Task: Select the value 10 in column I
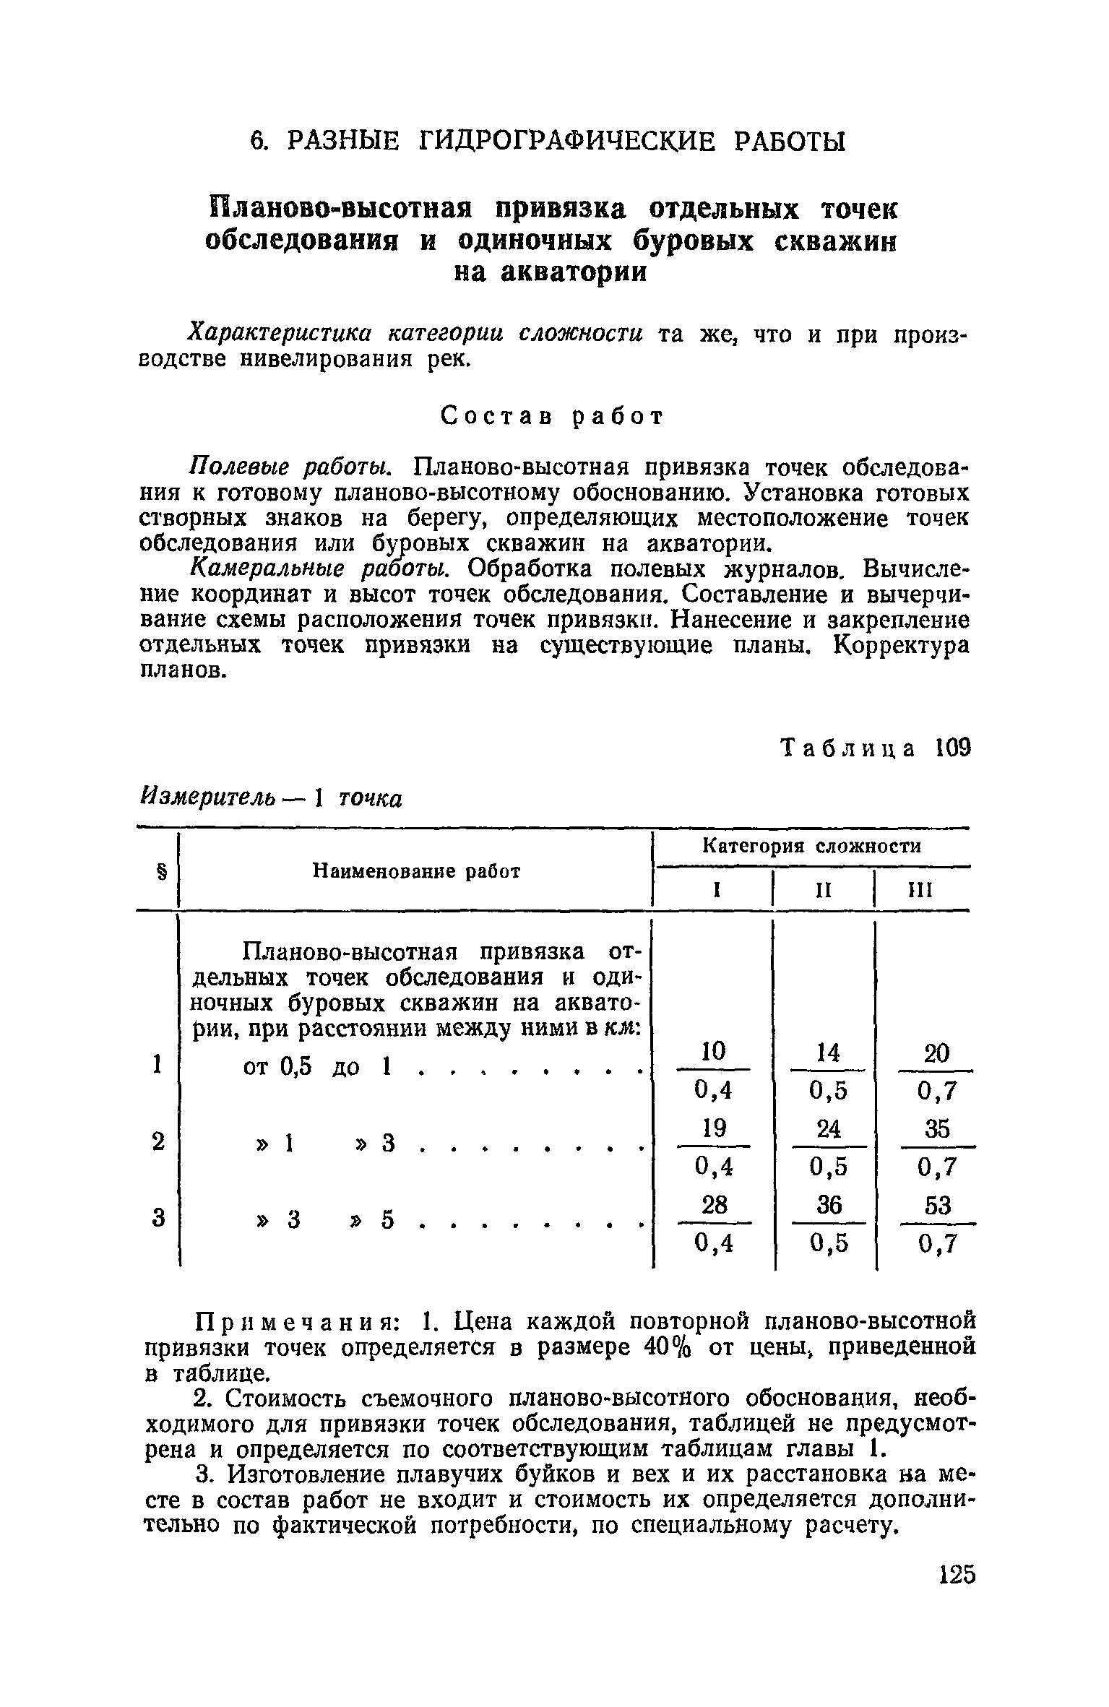tap(713, 1051)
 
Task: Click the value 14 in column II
tap(827, 1053)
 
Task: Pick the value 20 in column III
tap(937, 1053)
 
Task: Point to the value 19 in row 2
tap(713, 1128)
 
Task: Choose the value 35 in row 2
tap(937, 1129)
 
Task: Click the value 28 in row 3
tap(713, 1205)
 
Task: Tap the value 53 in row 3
tap(937, 1206)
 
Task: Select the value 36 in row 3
tap(827, 1205)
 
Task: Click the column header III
tap(920, 891)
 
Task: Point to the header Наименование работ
tap(416, 871)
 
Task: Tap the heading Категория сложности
tap(812, 847)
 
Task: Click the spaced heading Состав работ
tap(552, 416)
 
